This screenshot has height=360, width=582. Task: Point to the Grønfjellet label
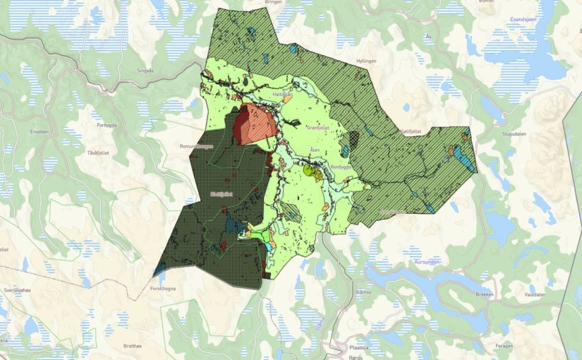click(x=318, y=127)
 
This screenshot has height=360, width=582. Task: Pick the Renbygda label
click(x=341, y=167)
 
